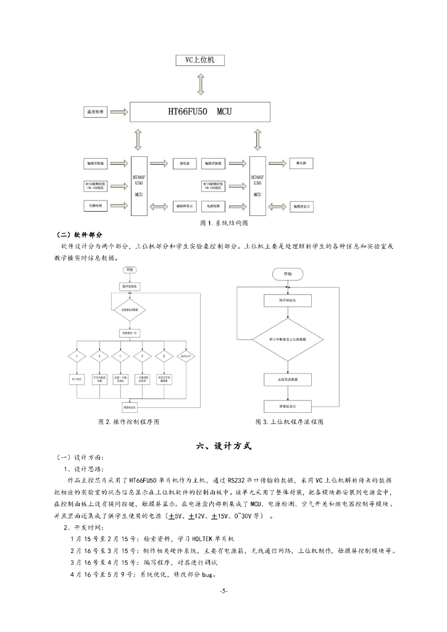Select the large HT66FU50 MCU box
(x=200, y=113)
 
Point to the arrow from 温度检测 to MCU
(x=120, y=113)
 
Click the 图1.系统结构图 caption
(x=223, y=222)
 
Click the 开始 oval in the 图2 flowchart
(x=130, y=270)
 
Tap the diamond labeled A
(x=76, y=356)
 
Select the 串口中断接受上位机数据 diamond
(x=288, y=339)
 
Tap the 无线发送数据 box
(x=287, y=379)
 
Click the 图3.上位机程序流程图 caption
(x=289, y=422)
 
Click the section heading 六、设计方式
(x=223, y=446)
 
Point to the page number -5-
(x=223, y=591)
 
